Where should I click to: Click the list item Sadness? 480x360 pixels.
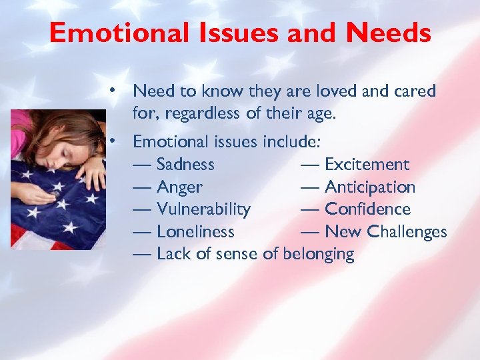185,165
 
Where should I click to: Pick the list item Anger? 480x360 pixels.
179,187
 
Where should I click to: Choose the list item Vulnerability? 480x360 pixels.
203,209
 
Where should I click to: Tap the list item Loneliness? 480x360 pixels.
195,232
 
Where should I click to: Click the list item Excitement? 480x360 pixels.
367,165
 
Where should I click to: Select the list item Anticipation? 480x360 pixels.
369,187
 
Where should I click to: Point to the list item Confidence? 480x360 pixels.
367,209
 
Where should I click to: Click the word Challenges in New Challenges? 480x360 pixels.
406,232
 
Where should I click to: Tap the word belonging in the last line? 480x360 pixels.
319,254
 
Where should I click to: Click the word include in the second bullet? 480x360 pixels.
291,141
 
